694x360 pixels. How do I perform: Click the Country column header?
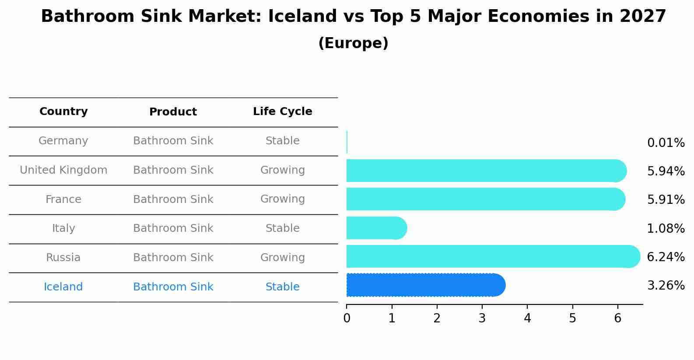[63, 112]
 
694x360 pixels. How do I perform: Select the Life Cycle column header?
[282, 112]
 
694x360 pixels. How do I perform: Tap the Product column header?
[173, 112]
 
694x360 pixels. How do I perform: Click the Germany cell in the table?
[63, 141]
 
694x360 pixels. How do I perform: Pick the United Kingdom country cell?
[63, 170]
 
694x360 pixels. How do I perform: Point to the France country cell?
[63, 199]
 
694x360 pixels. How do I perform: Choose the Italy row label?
[63, 228]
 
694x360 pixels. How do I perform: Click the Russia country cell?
[63, 258]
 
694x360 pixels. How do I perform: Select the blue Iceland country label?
[63, 287]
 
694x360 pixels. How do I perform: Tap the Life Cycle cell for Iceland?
[282, 287]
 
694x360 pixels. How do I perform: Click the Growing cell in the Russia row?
[282, 258]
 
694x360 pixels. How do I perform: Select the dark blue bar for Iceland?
[424, 285]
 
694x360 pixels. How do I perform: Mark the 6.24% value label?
[666, 257]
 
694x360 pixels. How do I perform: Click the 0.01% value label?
[666, 143]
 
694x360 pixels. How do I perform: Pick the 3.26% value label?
[666, 286]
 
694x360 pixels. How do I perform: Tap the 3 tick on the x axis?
[482, 318]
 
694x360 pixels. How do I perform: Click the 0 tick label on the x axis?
[347, 318]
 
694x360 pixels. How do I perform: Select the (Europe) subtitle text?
[353, 43]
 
